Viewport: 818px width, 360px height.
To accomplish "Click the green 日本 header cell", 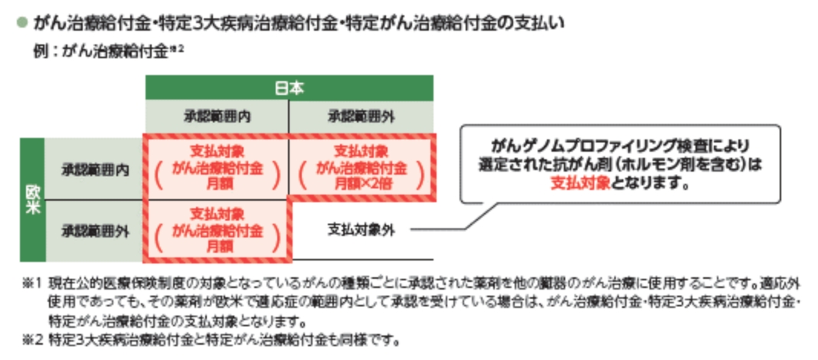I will (x=289, y=88).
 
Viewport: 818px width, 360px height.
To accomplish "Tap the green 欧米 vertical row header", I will (x=32, y=199).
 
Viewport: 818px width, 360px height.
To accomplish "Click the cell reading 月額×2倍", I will (x=361, y=169).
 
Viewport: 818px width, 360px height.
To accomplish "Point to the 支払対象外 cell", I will (x=361, y=230).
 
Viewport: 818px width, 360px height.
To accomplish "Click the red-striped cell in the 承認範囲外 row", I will (x=216, y=230).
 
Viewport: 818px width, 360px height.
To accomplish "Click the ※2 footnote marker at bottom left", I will (x=31, y=338).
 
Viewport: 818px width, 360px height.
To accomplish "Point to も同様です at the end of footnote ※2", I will (x=368, y=338).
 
